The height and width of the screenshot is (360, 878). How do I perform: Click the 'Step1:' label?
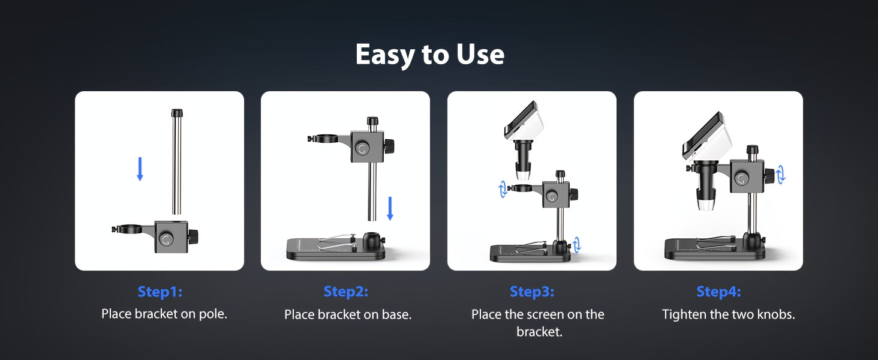click(160, 292)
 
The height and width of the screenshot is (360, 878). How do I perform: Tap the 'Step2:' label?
click(345, 292)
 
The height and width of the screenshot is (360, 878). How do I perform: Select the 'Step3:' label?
click(532, 292)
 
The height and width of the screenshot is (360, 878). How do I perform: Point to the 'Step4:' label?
click(718, 292)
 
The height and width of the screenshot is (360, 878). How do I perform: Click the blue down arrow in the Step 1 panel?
click(140, 169)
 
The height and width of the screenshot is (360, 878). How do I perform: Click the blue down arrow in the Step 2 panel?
click(390, 208)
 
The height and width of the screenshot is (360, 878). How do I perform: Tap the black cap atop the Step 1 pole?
click(177, 113)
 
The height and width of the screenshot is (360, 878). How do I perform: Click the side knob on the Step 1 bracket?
click(193, 236)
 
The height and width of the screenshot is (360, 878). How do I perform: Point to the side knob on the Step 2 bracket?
click(389, 146)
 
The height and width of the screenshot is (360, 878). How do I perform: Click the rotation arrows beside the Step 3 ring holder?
click(503, 189)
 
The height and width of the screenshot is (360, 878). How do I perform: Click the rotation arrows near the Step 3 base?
click(576, 245)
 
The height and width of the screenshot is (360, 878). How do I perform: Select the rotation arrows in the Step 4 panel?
click(780, 174)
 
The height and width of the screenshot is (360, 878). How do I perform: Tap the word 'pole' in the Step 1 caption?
click(213, 314)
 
